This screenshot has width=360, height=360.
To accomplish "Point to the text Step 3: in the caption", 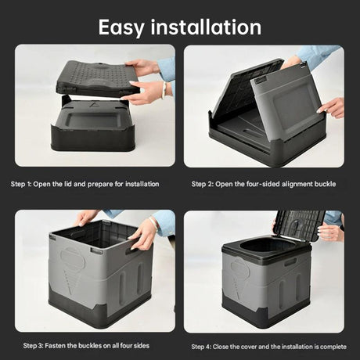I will coord(36,345).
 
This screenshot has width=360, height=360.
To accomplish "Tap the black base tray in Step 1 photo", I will coord(92,129).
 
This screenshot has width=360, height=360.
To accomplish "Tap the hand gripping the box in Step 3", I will coord(142,233).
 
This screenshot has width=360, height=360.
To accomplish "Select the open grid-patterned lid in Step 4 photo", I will coord(299,224).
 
